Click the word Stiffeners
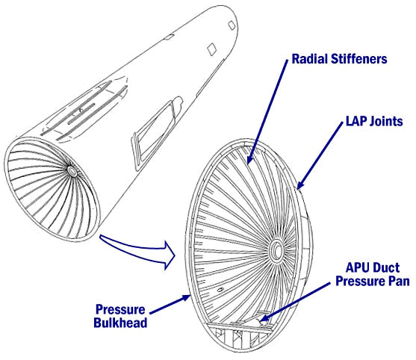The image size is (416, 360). [358, 59]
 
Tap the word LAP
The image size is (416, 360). [356, 121]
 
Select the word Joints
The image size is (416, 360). [386, 122]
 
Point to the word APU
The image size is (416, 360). [357, 267]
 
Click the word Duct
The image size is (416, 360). [385, 267]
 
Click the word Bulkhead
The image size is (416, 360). [120, 323]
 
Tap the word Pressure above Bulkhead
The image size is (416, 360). [120, 310]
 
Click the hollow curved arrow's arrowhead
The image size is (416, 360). [169, 255]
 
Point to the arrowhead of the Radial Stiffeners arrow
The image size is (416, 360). [250, 158]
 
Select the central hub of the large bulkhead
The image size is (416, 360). [277, 250]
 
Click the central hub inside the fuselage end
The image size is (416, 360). [72, 171]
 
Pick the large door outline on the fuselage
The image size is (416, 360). [157, 133]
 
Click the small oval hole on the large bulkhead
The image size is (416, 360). [220, 290]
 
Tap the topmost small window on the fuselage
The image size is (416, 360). [232, 25]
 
